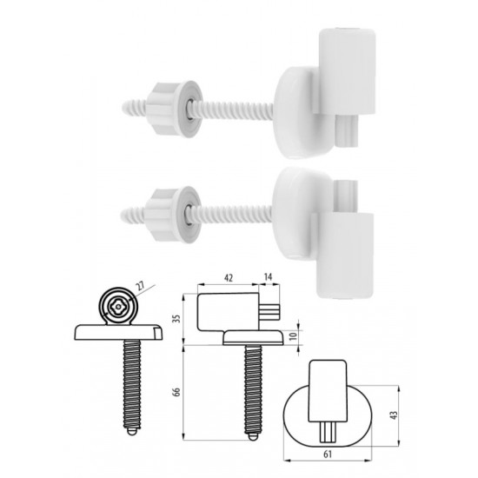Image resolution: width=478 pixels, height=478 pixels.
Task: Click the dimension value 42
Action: (x=229, y=278)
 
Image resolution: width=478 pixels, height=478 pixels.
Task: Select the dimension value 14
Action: (x=268, y=277)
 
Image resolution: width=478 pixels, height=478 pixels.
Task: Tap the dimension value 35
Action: (x=176, y=319)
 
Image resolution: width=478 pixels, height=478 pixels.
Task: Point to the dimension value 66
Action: (x=176, y=392)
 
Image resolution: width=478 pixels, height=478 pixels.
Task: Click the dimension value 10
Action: (x=293, y=336)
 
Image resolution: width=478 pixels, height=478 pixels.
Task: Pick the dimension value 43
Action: (x=395, y=415)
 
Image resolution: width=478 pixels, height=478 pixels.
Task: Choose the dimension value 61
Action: (x=328, y=455)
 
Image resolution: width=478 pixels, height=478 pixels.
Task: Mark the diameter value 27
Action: (x=140, y=286)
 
